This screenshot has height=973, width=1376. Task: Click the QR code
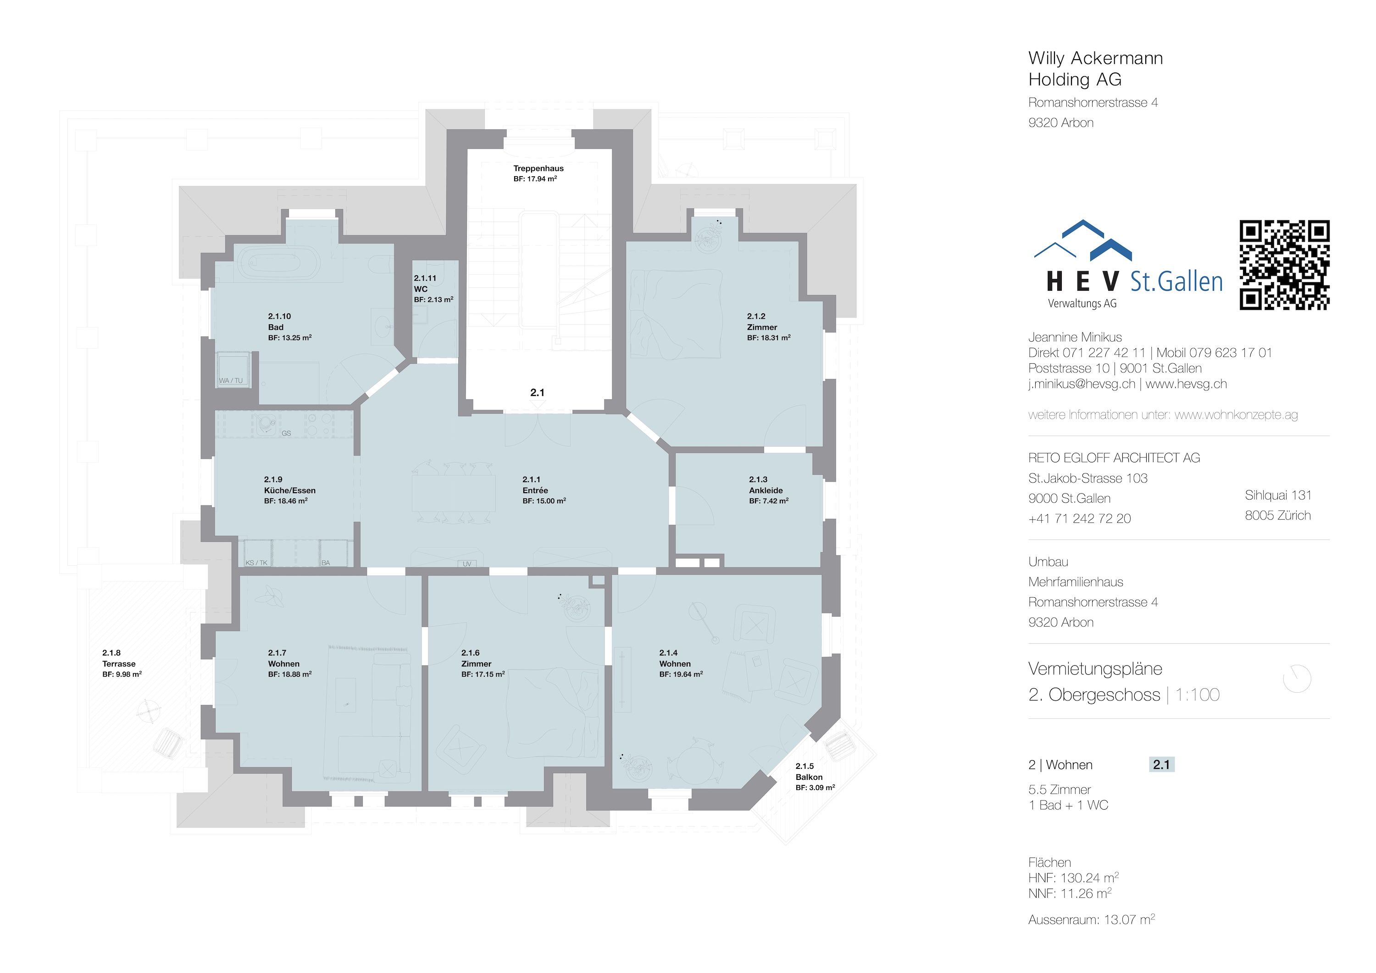1284,265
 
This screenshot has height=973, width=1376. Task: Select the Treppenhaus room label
538,168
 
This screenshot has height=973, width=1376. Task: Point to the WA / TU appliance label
231,381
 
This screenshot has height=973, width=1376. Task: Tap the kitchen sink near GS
266,424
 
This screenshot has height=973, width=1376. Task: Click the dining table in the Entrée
454,493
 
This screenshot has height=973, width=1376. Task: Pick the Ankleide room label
766,490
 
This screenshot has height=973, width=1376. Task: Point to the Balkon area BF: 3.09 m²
815,788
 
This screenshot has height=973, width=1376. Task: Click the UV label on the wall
467,563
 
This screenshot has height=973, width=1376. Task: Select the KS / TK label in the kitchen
256,563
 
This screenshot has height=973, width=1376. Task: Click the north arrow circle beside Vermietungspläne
1297,678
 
